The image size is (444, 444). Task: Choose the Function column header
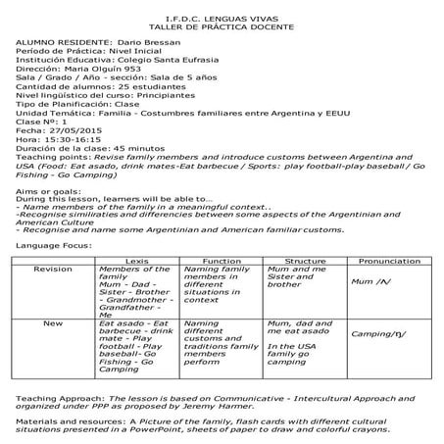pyautogui.click(x=222, y=261)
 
